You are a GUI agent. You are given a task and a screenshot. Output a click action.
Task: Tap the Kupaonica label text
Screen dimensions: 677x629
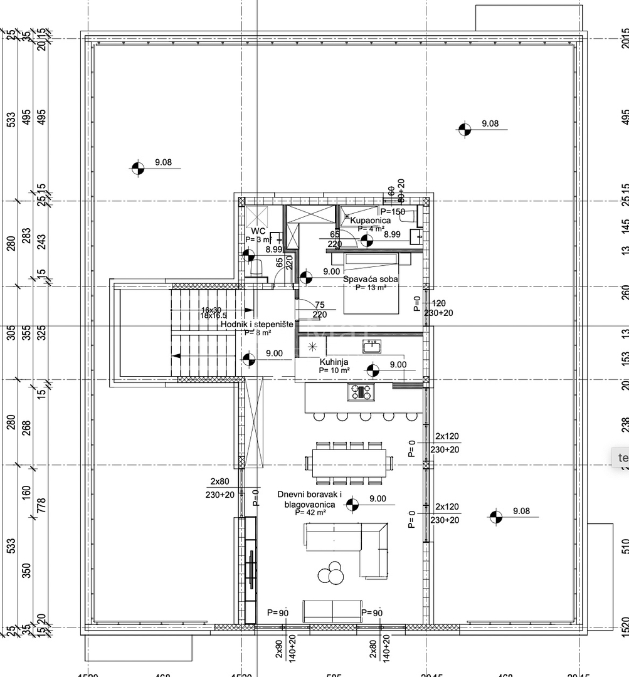(370, 221)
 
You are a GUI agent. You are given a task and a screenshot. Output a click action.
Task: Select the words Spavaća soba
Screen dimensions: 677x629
(371, 280)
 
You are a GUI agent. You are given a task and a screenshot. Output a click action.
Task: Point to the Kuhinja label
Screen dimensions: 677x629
(334, 362)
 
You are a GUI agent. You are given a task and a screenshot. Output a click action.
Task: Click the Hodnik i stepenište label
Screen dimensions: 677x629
(256, 324)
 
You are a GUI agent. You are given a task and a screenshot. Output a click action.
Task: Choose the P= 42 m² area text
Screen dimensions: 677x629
(310, 513)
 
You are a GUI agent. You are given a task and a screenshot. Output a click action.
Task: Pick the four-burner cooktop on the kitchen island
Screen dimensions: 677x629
(361, 392)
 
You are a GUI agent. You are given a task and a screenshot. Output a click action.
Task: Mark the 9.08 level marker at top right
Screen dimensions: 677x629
(464, 129)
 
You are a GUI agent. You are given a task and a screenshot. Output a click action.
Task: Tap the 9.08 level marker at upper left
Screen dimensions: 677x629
(138, 168)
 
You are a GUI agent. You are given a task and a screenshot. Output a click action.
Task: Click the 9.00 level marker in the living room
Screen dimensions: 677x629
(353, 503)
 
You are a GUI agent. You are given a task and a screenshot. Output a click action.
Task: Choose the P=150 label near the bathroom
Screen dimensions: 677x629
(394, 212)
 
